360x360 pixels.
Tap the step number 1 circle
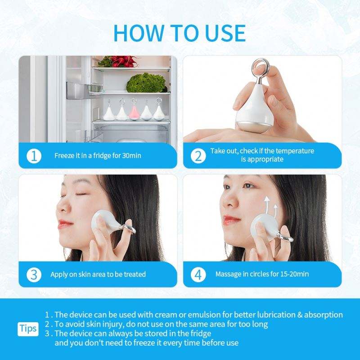coord(34,156)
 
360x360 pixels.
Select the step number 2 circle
coord(198,156)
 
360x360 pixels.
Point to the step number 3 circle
coord(34,274)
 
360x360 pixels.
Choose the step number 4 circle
coord(198,274)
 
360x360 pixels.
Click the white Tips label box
coord(28,329)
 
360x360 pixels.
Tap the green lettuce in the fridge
coord(147,83)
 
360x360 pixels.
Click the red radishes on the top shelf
coord(119,61)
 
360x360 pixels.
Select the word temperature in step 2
coord(295,151)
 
